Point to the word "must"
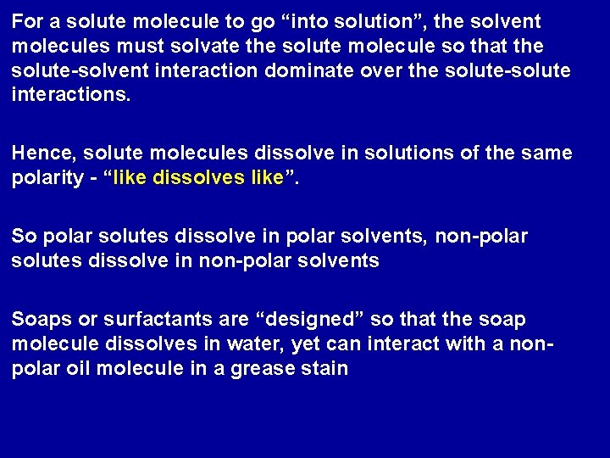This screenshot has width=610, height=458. click(115, 43)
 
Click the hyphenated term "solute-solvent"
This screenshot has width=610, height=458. click(69, 67)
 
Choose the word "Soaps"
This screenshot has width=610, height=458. click(38, 320)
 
